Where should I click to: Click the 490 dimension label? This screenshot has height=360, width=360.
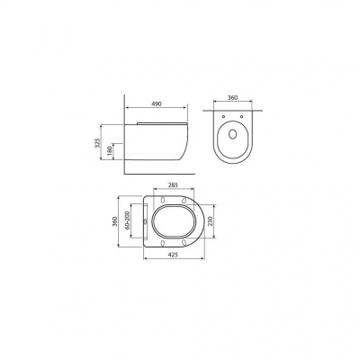(x=157, y=103)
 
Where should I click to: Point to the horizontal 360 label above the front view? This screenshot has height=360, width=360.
(x=232, y=97)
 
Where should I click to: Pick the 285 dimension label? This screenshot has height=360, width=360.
(x=173, y=185)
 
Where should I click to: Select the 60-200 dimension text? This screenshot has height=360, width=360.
(x=127, y=220)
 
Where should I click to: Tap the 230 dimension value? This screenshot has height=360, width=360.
(x=210, y=221)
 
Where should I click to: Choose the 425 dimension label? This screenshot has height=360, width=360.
(x=173, y=255)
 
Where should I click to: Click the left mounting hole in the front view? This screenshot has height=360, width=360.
(x=224, y=116)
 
